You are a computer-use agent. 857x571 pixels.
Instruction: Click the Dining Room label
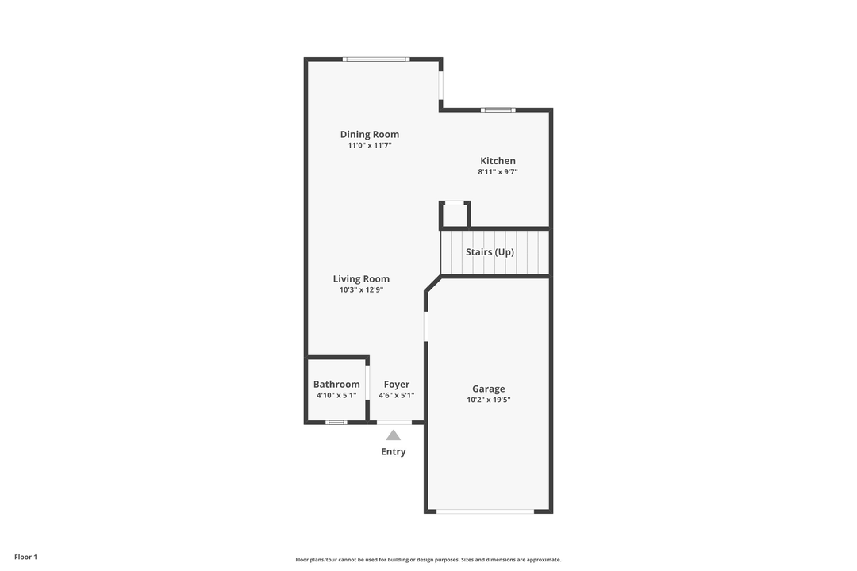370,135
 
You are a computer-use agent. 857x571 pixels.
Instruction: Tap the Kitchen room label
498,161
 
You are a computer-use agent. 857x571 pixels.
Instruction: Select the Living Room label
361,279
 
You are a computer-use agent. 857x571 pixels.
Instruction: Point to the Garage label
489,389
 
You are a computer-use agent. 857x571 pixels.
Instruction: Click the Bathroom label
336,385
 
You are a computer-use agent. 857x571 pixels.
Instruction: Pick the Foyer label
397,385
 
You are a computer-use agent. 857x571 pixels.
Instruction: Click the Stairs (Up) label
490,252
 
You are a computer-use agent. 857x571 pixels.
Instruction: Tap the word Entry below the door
393,452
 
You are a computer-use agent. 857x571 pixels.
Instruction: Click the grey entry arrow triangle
393,435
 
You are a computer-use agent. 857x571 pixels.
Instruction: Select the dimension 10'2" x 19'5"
489,400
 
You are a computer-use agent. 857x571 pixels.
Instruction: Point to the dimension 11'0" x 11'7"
370,146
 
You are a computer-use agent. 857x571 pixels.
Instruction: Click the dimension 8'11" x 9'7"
498,172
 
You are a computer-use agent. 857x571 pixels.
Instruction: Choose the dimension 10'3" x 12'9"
361,290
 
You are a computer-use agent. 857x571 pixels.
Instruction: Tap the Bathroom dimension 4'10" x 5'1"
336,395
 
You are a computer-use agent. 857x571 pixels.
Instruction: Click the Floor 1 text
25,557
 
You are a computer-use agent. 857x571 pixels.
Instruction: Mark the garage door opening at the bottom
485,512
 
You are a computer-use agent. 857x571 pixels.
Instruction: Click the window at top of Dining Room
375,59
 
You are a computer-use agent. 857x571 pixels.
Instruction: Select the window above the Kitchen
498,109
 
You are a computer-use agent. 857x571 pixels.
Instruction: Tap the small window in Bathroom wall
336,422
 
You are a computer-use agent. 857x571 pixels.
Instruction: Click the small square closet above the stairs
455,215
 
